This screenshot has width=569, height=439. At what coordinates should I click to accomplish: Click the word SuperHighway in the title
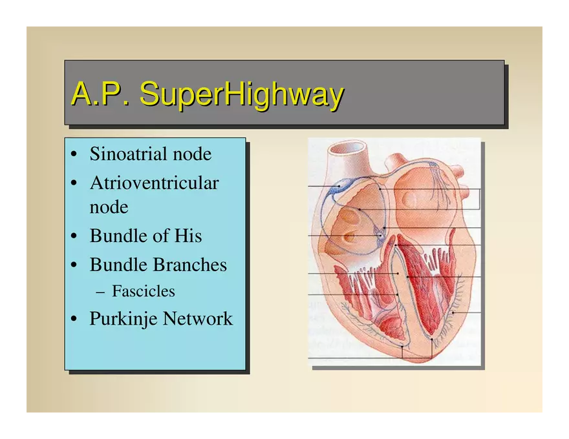pos(242,94)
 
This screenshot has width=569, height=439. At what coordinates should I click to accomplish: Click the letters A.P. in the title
pos(100,93)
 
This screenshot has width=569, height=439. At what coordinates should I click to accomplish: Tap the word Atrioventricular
pos(155,183)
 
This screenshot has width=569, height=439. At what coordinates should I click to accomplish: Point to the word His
pos(188,236)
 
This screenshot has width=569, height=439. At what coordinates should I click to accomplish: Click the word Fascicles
pos(144,291)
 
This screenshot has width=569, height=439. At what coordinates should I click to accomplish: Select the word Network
pos(198,319)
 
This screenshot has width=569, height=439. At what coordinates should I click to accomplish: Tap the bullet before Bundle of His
pos(74,236)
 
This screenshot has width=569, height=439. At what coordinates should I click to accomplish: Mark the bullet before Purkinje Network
pos(74,320)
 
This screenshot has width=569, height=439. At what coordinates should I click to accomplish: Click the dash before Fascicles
pos(100,292)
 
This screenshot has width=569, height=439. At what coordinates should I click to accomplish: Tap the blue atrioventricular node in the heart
pos(380,234)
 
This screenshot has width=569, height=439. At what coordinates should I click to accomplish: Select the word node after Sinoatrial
pos(192,154)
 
